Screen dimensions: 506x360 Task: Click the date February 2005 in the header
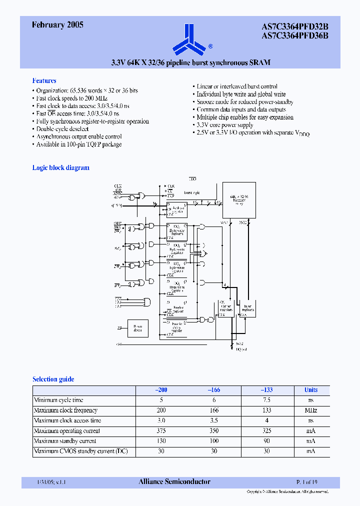point(57,24)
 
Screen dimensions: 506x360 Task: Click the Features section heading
point(44,80)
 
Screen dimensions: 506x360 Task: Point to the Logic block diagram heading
point(60,168)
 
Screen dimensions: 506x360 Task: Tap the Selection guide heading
point(53,379)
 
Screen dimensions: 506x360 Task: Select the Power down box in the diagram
point(137,329)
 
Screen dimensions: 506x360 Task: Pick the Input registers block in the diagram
point(247,310)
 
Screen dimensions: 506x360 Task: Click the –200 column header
point(161,390)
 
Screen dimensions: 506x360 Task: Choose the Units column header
point(310,390)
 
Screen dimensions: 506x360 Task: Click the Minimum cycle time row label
point(58,400)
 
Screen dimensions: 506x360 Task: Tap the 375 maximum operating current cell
point(161,431)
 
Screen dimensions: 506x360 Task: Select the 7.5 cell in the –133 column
point(266,400)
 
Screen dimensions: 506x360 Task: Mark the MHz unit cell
point(310,410)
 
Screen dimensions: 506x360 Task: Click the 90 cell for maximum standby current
point(266,441)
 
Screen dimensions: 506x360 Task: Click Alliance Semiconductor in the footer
point(174,482)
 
